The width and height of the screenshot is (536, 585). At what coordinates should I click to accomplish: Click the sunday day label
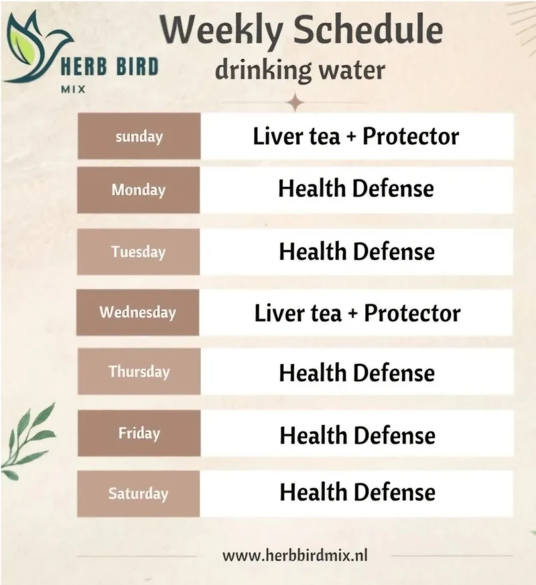(139, 137)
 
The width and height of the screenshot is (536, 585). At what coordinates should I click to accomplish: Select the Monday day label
(139, 190)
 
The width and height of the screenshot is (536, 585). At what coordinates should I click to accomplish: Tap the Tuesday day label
(139, 252)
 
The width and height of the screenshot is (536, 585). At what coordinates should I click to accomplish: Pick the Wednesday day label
(137, 312)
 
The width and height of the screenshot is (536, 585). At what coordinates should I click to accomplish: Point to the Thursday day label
(139, 372)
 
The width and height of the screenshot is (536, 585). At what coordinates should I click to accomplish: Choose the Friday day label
(139, 433)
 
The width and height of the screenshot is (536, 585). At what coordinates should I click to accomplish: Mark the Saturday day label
(139, 494)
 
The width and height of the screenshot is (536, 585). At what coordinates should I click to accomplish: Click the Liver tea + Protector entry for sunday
(356, 136)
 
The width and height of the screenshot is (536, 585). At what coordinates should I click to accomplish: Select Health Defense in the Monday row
(356, 188)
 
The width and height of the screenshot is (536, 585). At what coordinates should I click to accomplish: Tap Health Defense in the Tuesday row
(357, 251)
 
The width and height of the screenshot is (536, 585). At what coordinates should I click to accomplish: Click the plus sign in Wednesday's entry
(352, 314)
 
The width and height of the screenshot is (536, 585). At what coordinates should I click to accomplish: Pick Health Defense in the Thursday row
(357, 373)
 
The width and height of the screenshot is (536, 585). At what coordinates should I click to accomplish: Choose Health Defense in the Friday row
(358, 436)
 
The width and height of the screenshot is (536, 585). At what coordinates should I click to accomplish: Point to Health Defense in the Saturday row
(358, 492)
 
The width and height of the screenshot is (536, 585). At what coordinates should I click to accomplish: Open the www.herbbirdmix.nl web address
(295, 555)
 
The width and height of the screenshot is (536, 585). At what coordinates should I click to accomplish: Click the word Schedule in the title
(368, 30)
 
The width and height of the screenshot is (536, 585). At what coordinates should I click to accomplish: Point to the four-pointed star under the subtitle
(295, 103)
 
